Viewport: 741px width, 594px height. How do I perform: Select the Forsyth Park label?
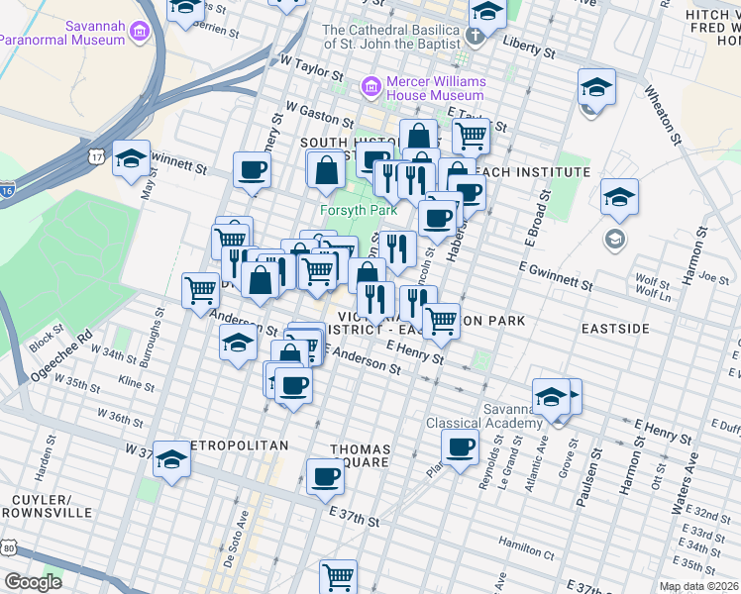(358, 210)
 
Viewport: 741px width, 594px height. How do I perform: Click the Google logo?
(33, 581)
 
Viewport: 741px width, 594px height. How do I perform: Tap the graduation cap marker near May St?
(131, 159)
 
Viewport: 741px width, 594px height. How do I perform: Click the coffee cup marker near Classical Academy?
(460, 448)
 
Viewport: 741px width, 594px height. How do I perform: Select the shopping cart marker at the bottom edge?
(338, 574)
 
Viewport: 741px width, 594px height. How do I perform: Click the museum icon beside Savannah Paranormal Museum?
(138, 32)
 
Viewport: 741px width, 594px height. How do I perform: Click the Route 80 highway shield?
(8, 546)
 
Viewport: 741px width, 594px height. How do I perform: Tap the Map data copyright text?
(696, 586)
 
